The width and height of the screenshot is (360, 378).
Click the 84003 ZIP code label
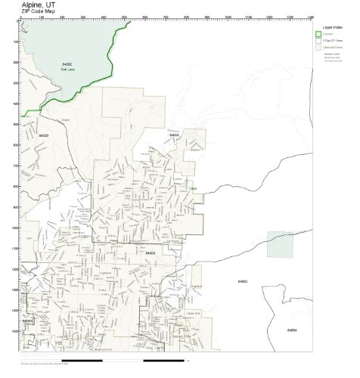[x=151, y=253]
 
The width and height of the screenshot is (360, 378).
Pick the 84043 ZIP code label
[x=27, y=321]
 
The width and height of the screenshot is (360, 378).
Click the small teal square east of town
[x=279, y=243]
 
